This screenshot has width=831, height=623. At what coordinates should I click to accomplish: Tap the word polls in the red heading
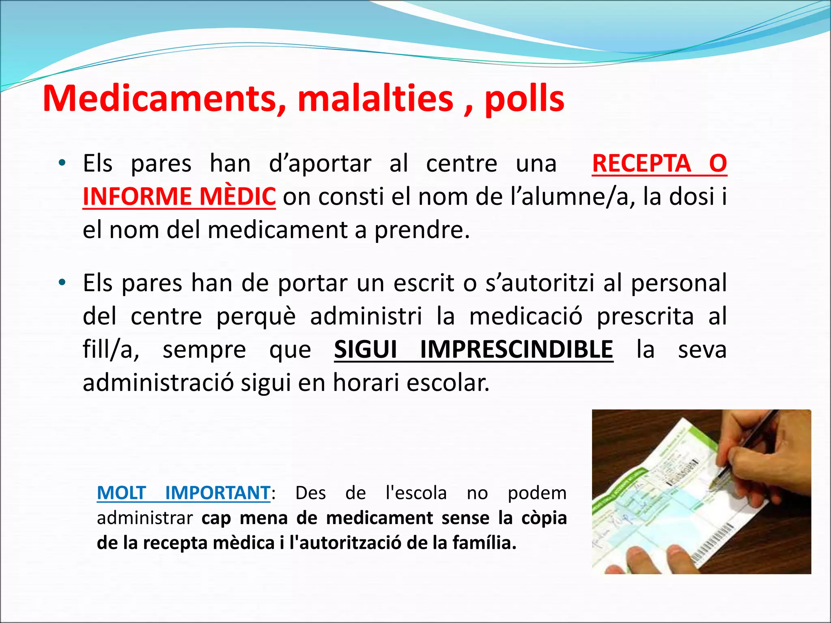click(x=524, y=99)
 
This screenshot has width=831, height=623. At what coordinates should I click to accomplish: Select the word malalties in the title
click(x=375, y=99)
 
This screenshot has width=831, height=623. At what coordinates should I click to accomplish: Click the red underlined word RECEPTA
click(x=642, y=163)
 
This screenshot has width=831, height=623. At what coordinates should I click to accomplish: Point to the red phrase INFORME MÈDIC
click(x=179, y=197)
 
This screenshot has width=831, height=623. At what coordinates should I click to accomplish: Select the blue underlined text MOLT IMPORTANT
click(x=183, y=493)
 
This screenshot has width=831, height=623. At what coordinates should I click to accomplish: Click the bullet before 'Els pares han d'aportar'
click(x=62, y=163)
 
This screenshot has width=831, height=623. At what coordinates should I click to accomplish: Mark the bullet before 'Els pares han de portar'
click(x=62, y=283)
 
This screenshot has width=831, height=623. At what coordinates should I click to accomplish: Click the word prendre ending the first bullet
click(x=422, y=230)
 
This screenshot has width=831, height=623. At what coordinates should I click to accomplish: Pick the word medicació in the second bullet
click(x=525, y=316)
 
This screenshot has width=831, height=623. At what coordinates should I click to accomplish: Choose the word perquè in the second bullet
click(x=256, y=316)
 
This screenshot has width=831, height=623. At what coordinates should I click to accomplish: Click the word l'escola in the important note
click(x=416, y=493)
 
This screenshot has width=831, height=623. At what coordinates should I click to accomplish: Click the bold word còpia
click(x=544, y=518)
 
